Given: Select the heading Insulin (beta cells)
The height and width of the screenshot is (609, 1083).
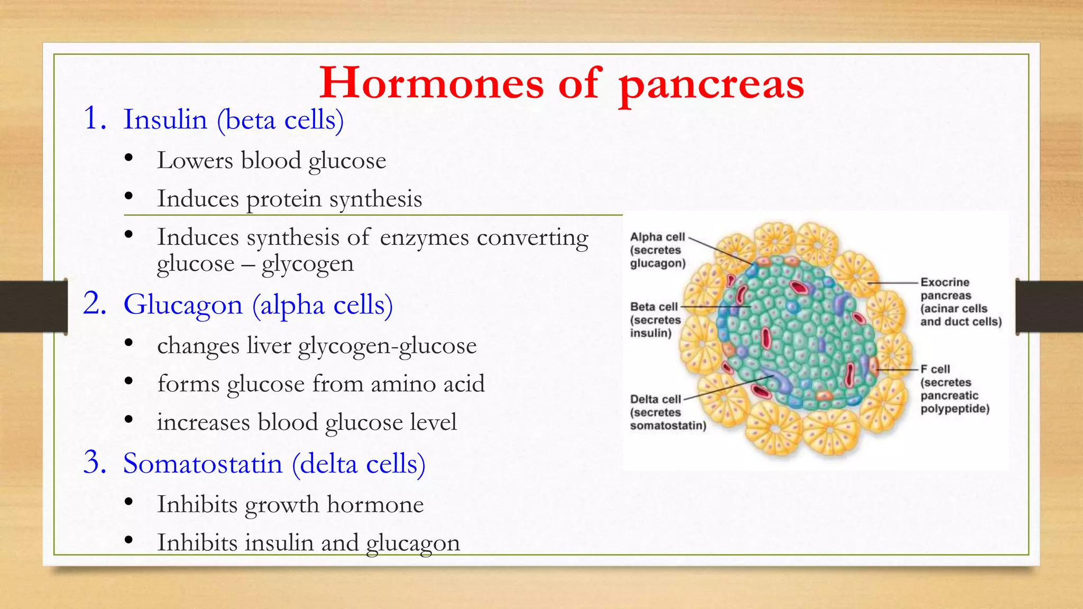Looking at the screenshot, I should pyautogui.click(x=233, y=119).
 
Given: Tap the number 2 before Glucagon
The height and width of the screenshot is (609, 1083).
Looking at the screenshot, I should pyautogui.click(x=95, y=304).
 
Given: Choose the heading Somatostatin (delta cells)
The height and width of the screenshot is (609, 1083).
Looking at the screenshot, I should pyautogui.click(x=274, y=464).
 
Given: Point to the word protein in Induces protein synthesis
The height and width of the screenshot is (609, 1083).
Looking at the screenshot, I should pyautogui.click(x=284, y=199).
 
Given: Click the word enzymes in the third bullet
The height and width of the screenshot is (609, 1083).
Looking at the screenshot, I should pyautogui.click(x=424, y=237).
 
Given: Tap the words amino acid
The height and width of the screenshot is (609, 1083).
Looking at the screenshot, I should pyautogui.click(x=427, y=384).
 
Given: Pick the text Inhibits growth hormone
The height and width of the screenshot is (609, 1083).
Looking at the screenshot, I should pyautogui.click(x=290, y=504).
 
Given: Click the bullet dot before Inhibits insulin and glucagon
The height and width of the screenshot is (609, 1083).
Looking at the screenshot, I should pyautogui.click(x=129, y=540).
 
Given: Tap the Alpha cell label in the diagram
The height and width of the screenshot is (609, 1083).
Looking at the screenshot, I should pyautogui.click(x=657, y=237).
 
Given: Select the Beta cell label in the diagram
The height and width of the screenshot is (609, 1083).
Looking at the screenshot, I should pyautogui.click(x=654, y=307).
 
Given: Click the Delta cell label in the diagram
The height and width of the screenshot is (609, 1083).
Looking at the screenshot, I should pyautogui.click(x=656, y=400).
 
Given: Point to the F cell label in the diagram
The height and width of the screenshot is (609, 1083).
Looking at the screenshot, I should pyautogui.click(x=935, y=369).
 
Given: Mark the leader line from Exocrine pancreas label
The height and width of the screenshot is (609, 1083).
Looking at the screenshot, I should pyautogui.click(x=894, y=283).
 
